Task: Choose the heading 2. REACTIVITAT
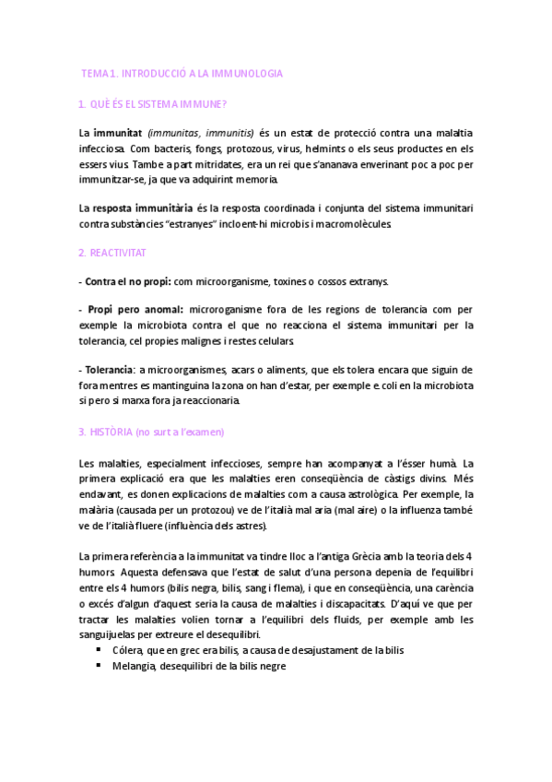[x=112, y=253]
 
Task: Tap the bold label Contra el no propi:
[x=124, y=281]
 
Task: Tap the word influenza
[x=405, y=510]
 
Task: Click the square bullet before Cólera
[x=99, y=649]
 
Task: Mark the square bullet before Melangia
[x=99, y=665]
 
